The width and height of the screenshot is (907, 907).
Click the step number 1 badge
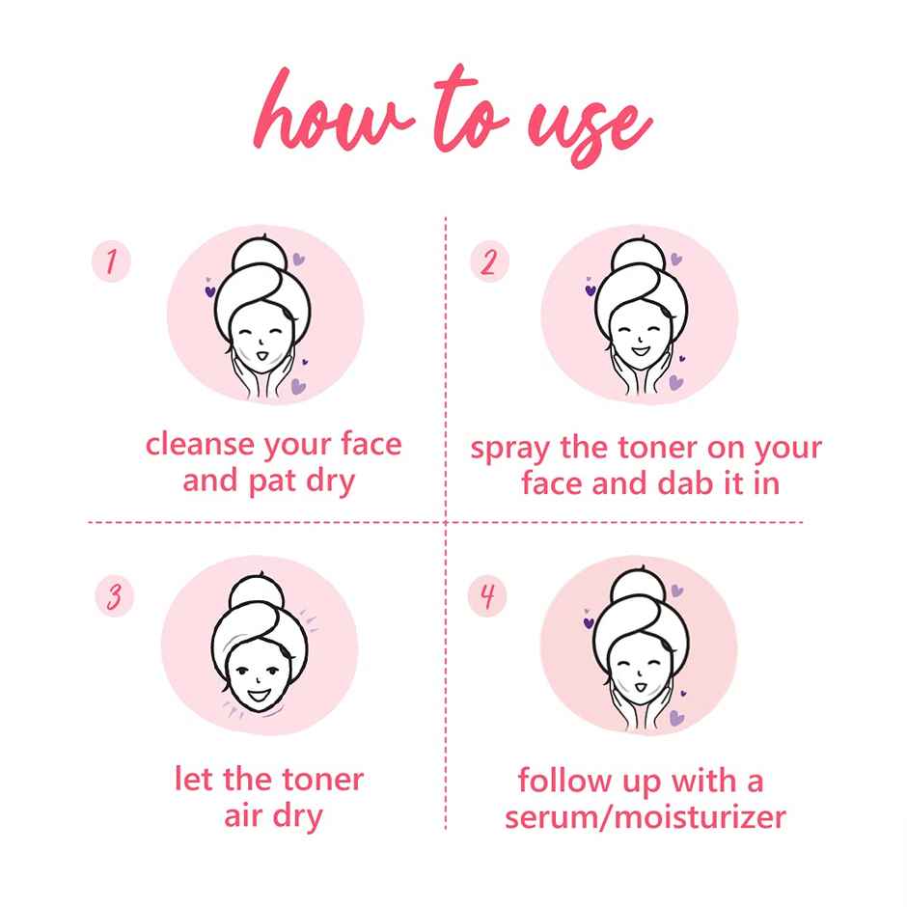point(111,261)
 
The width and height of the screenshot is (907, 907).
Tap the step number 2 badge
point(489,262)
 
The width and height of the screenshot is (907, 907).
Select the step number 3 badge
point(114,596)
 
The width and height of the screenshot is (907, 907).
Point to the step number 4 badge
point(487,596)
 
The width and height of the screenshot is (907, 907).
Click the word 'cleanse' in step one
point(199,445)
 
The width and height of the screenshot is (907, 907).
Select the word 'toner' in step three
point(320,779)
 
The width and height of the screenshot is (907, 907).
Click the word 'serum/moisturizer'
point(645,818)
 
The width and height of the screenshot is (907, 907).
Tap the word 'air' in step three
point(243,816)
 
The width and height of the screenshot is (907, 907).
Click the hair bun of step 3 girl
point(260,591)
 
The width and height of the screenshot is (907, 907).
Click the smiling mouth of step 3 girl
point(259,691)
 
